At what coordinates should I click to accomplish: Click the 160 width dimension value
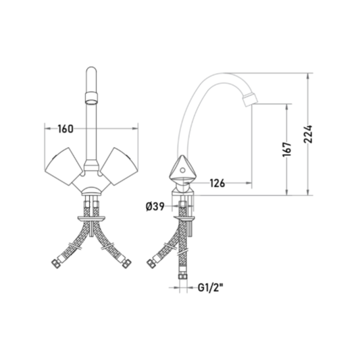click(x=66, y=129)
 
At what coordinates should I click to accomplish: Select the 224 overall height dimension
click(x=308, y=134)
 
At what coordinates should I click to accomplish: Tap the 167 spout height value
click(x=287, y=149)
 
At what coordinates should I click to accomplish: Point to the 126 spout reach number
click(x=217, y=183)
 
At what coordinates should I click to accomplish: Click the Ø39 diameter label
click(x=155, y=207)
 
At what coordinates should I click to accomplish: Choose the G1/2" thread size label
click(x=210, y=288)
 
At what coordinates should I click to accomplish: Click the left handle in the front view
click(x=63, y=166)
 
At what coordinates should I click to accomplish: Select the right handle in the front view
click(x=120, y=166)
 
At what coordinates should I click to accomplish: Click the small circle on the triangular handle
click(x=182, y=170)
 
